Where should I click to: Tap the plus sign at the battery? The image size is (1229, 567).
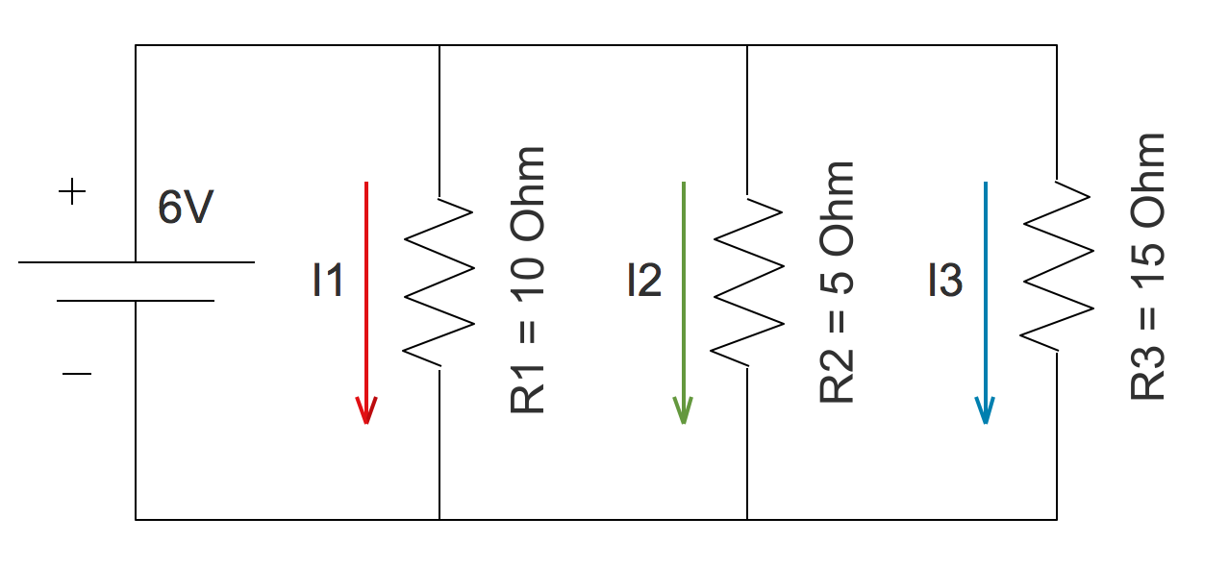click(x=72, y=193)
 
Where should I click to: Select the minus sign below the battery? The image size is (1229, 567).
click(x=76, y=373)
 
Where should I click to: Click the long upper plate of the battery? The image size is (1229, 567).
click(x=136, y=261)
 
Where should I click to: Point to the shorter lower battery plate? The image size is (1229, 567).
click(x=136, y=301)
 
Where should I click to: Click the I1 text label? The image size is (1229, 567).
click(x=328, y=281)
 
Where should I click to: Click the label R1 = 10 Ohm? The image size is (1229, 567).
click(x=528, y=281)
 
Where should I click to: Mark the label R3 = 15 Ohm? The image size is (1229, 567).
click(x=1148, y=267)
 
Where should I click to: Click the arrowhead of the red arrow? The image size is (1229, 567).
click(x=365, y=411)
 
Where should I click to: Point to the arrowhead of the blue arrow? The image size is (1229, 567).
click(x=984, y=411)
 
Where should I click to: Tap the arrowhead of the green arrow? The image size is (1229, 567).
click(x=683, y=411)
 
